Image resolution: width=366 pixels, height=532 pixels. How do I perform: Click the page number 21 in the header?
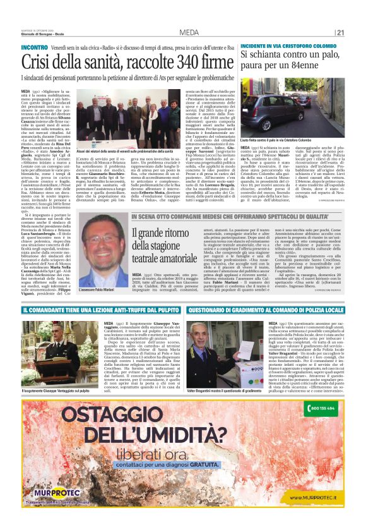[340, 33]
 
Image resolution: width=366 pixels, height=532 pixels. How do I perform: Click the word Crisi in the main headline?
[37, 61]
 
